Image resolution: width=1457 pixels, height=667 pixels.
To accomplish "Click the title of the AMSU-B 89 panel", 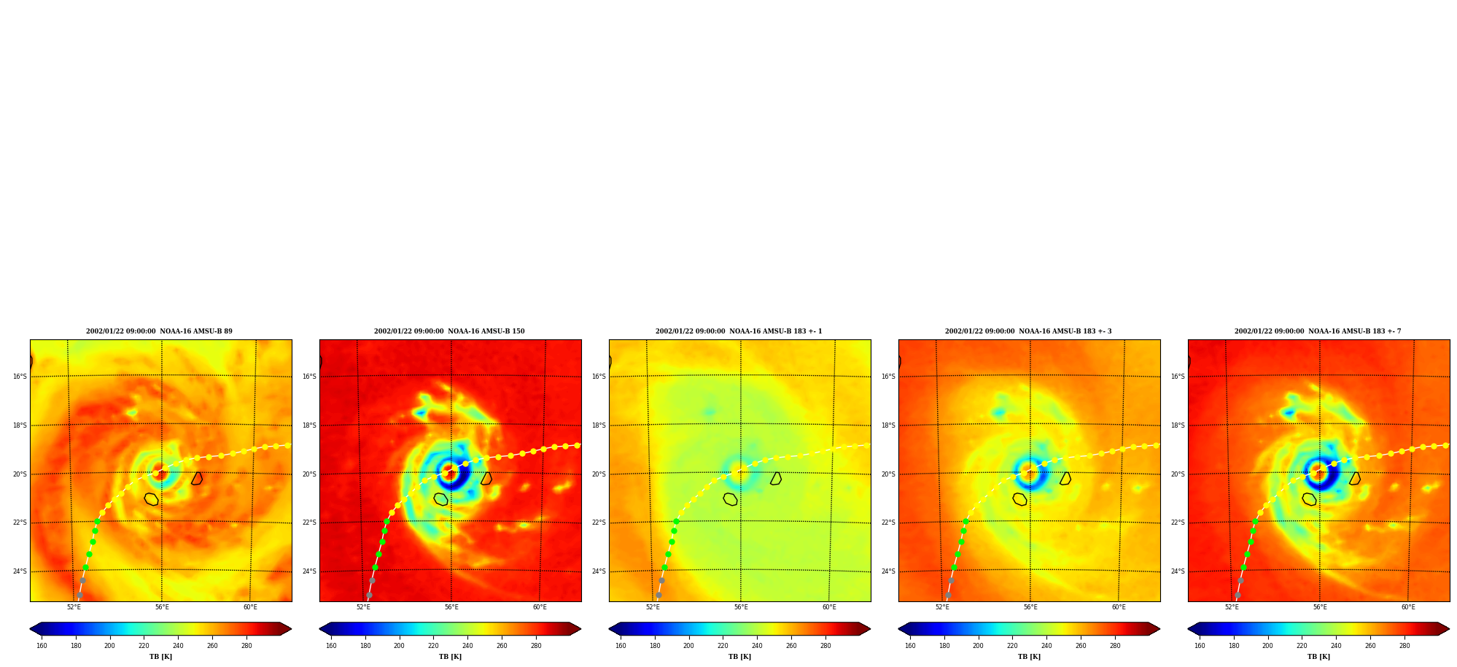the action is (159, 331).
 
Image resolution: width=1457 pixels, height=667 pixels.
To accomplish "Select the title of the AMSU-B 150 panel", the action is (449, 331).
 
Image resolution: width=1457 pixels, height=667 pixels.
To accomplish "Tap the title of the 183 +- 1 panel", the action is (739, 331).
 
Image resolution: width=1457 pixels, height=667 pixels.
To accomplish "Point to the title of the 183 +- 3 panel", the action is (1028, 331).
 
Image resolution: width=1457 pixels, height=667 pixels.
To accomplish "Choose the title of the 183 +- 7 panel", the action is (1318, 331).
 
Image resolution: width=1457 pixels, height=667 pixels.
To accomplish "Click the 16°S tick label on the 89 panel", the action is (20, 377).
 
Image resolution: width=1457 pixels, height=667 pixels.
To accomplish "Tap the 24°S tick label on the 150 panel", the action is (309, 571).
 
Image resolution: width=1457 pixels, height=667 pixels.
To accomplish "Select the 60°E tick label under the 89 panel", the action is (250, 607).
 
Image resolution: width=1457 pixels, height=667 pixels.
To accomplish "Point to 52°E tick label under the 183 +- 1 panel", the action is (653, 607).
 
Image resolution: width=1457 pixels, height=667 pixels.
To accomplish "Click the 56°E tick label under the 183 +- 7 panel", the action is (1320, 607).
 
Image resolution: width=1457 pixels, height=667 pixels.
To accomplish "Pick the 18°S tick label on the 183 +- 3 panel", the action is (888, 425).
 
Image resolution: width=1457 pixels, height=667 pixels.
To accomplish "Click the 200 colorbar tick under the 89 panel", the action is (109, 645).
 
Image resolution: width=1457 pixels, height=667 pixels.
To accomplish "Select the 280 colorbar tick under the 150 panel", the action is (536, 645).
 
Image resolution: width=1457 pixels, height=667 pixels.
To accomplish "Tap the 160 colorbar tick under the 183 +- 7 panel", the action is (1200, 645).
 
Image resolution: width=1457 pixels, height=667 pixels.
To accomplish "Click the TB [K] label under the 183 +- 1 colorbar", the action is (739, 657).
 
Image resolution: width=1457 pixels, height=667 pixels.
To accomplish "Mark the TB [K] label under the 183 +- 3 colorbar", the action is (1029, 657).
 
